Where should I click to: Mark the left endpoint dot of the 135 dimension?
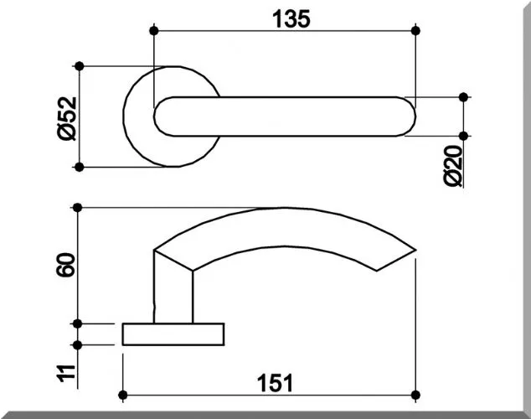(x=154, y=31)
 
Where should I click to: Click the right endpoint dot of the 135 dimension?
(x=416, y=31)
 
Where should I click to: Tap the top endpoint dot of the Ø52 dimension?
(x=79, y=65)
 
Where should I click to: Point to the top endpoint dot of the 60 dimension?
(x=78, y=207)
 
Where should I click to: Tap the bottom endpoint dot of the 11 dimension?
(x=78, y=344)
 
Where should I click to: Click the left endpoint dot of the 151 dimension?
(x=123, y=395)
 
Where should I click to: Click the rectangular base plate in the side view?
(x=173, y=334)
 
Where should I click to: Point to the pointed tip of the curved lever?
(x=414, y=249)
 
